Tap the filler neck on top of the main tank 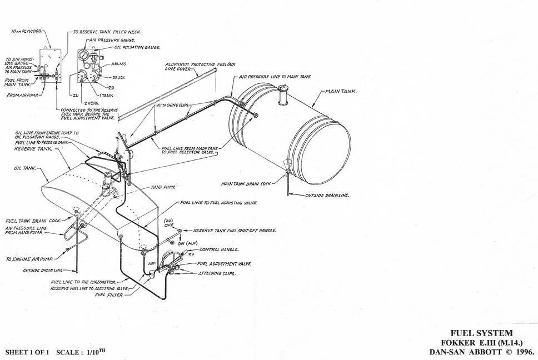pyautogui.click(x=281, y=95)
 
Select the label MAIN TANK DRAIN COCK pyautogui.click(x=246, y=183)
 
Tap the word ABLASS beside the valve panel pyautogui.click(x=118, y=64)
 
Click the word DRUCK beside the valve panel pyautogui.click(x=118, y=77)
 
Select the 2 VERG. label pyautogui.click(x=91, y=103)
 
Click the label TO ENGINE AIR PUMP pyautogui.click(x=28, y=259)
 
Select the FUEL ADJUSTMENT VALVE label pyautogui.click(x=223, y=263)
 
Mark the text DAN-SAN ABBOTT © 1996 pyautogui.click(x=481, y=352)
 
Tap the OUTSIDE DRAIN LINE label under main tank pyautogui.click(x=327, y=196)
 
